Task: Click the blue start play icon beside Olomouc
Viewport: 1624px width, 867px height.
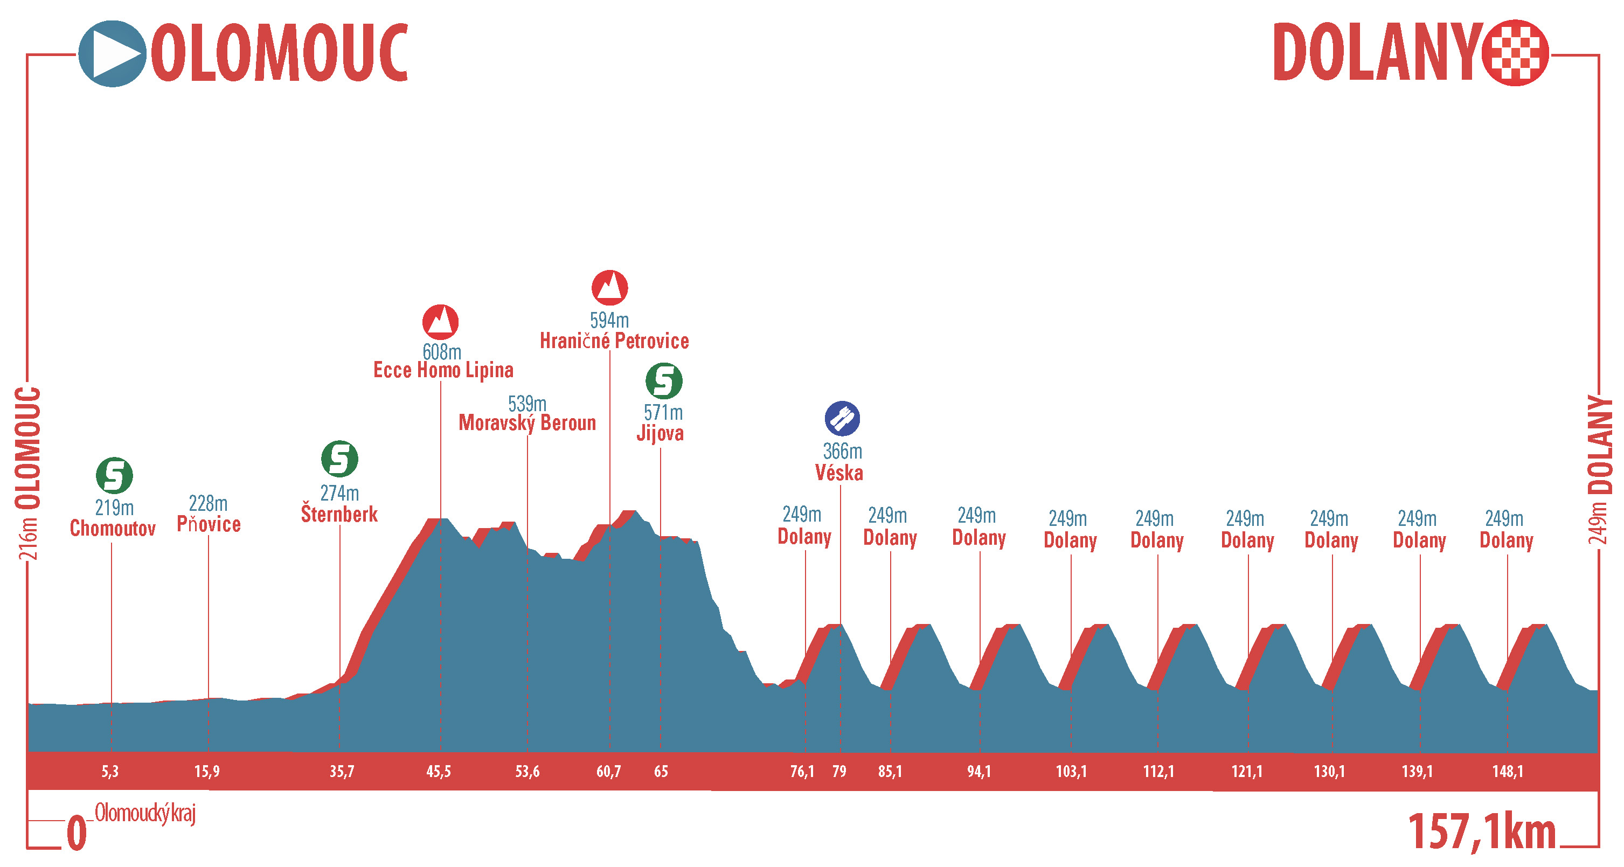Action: coord(112,53)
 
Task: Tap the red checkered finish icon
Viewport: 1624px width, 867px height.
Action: coord(1515,53)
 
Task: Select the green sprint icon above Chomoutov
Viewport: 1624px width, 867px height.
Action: coord(114,475)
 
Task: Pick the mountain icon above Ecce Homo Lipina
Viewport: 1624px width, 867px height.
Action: coord(440,322)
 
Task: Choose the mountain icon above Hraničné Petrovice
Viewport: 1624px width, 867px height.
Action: coord(609,288)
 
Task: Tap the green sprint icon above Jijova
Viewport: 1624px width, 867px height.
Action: coord(663,380)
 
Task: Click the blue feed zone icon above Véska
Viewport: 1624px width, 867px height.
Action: coord(842,418)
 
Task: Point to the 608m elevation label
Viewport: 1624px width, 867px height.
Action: coord(441,351)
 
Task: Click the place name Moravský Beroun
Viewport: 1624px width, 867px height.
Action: coord(527,422)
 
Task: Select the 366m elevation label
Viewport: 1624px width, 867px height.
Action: coord(842,452)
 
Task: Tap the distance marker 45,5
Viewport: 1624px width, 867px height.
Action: coord(438,771)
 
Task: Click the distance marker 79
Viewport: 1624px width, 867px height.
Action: coord(839,771)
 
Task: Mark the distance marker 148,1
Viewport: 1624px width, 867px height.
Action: coord(1508,771)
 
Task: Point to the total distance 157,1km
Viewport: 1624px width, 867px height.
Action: coord(1482,831)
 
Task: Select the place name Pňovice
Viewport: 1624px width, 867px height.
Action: coord(208,524)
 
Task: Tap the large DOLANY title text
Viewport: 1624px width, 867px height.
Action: coord(1378,53)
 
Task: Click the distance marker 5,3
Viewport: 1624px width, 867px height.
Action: coord(110,771)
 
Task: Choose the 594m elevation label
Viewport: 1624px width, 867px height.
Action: coord(609,320)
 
